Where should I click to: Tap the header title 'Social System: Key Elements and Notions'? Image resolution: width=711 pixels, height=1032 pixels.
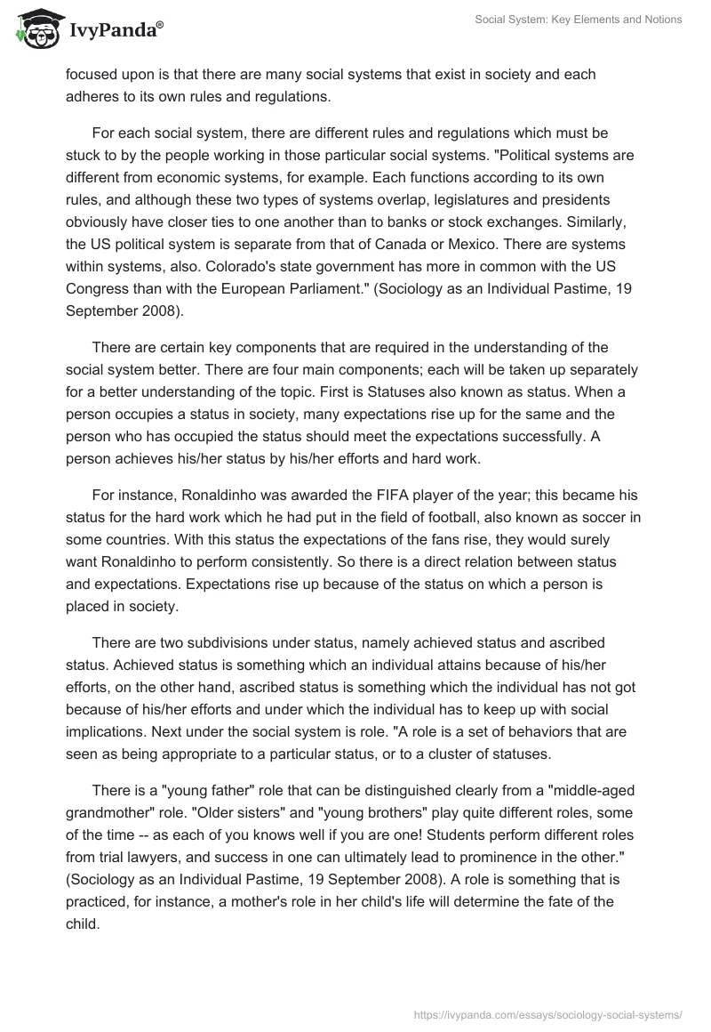coord(579,20)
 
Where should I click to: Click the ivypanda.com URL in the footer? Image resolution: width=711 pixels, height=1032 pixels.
coord(547,1013)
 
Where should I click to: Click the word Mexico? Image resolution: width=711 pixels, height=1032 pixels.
coord(477,244)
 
